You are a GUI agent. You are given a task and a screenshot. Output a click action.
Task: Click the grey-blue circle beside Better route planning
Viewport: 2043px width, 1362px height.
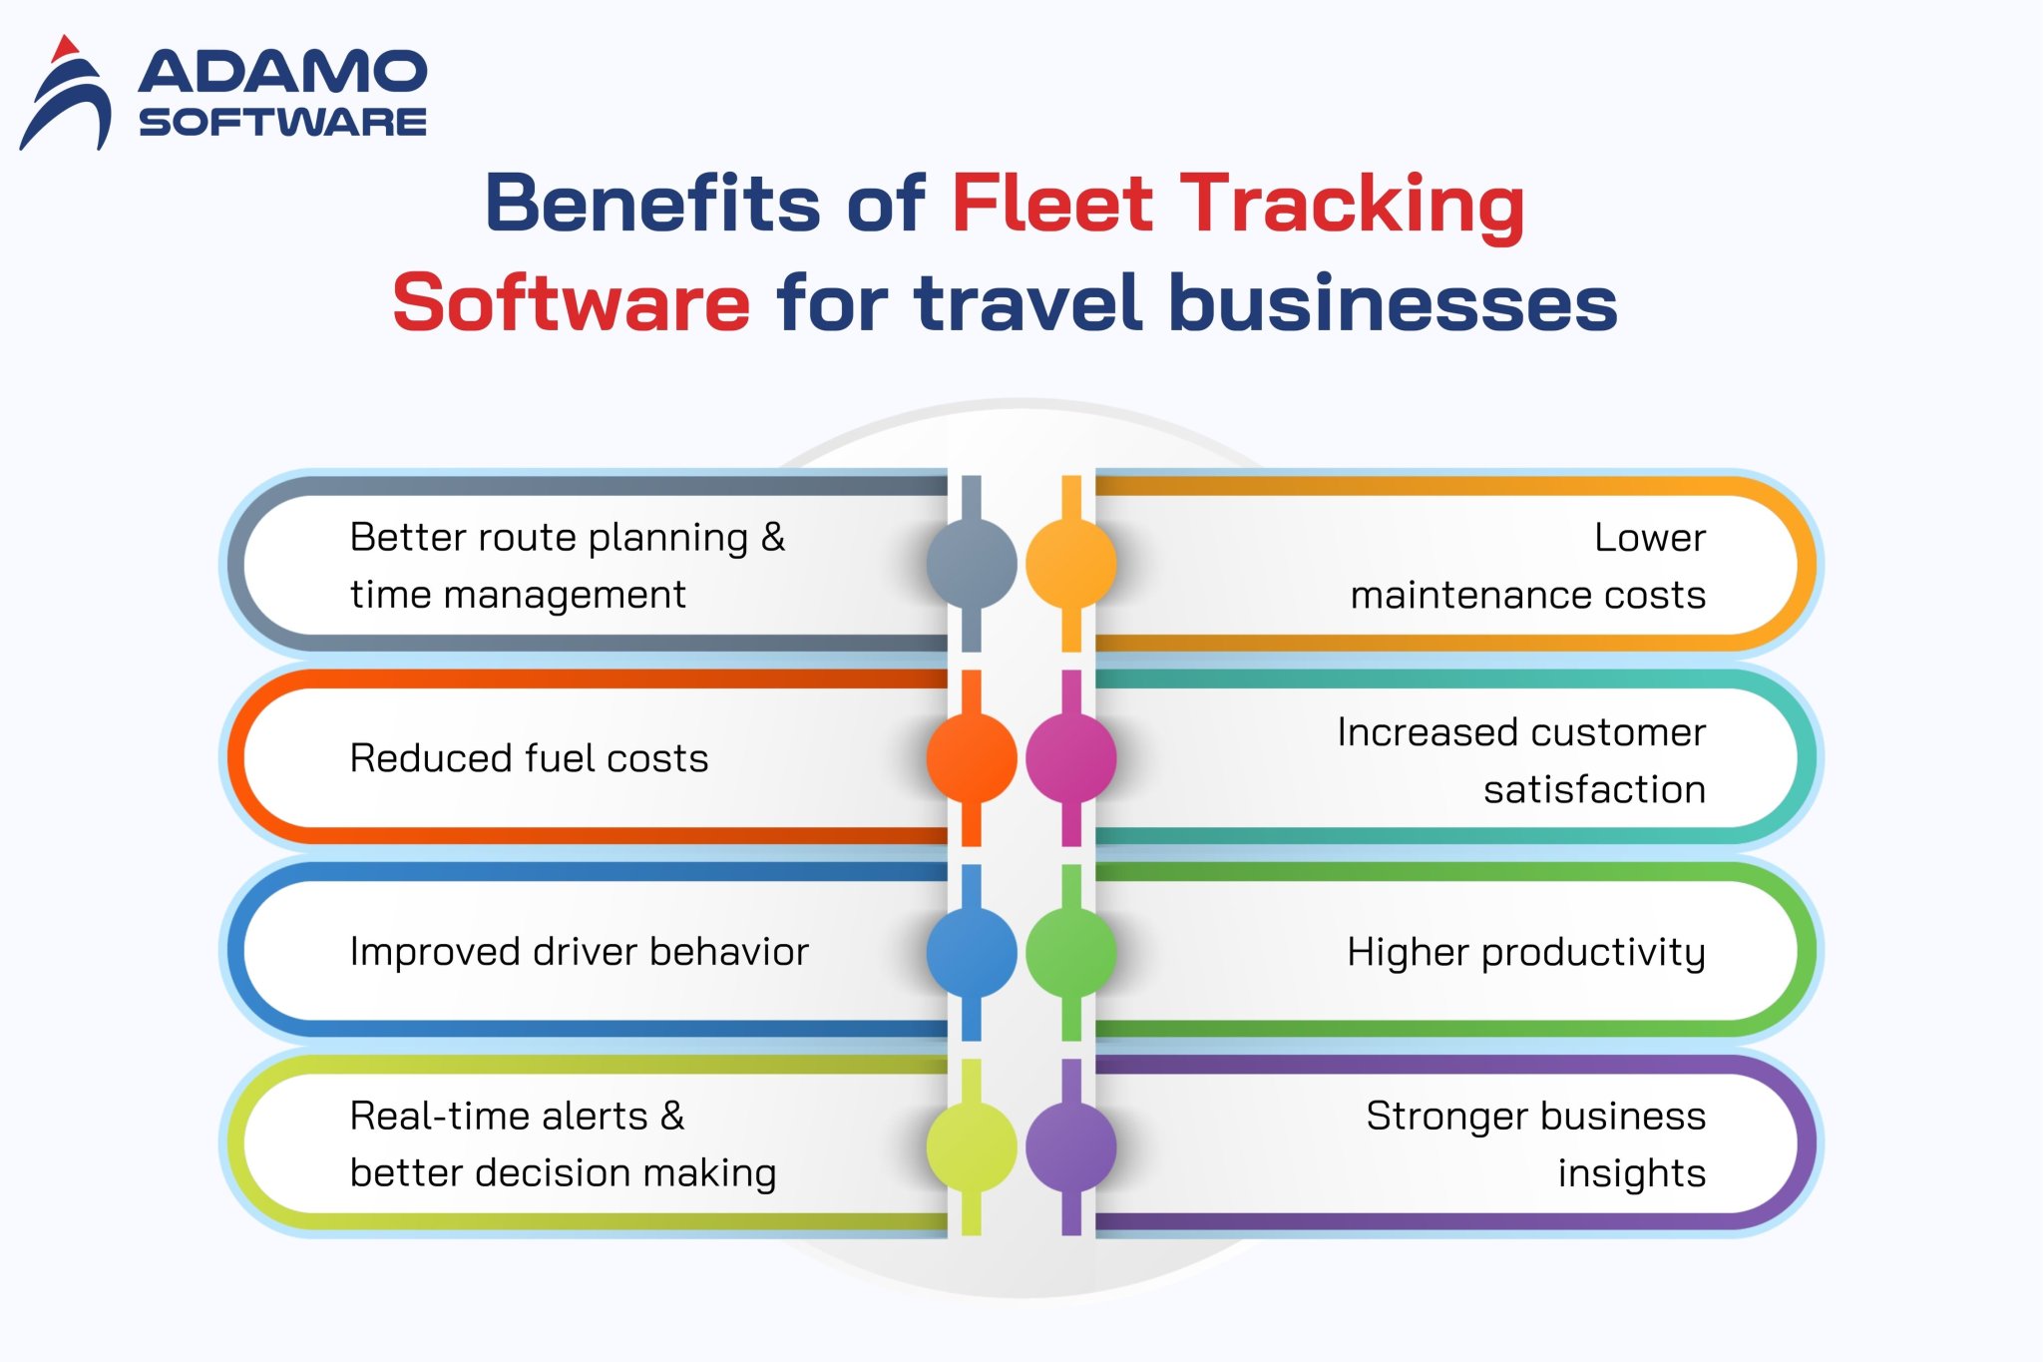click(x=971, y=564)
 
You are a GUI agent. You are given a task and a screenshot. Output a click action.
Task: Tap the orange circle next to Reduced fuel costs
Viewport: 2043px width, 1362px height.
click(x=971, y=758)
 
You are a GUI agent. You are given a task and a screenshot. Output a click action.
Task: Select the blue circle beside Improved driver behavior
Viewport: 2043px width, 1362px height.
click(x=971, y=952)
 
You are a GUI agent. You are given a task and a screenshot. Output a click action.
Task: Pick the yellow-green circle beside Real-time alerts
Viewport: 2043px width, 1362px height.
click(x=971, y=1146)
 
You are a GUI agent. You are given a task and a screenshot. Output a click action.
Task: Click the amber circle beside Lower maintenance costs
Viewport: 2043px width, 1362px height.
click(x=1071, y=564)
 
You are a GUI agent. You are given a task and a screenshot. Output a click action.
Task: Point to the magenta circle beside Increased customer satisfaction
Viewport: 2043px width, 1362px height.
click(x=1071, y=758)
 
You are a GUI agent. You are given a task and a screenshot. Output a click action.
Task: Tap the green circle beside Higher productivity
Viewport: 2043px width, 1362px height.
click(x=1071, y=952)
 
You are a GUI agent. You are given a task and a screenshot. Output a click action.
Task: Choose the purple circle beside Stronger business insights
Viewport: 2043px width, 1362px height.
click(x=1071, y=1146)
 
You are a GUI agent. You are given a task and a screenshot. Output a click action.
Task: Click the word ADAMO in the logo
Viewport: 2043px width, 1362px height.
click(x=282, y=73)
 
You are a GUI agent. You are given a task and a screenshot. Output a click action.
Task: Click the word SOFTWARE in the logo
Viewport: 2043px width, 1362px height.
click(x=282, y=122)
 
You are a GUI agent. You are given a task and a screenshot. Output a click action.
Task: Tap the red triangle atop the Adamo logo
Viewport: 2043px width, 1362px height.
click(x=65, y=48)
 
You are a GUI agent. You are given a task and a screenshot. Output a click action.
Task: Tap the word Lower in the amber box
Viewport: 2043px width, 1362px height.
click(x=1649, y=538)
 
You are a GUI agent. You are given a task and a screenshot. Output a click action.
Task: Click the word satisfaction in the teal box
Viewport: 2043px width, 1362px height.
click(x=1594, y=789)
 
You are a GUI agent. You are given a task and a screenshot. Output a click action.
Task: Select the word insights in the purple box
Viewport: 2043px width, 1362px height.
click(x=1631, y=1173)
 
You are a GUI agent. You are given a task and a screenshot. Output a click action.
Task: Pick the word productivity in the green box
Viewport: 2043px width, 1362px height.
click(x=1593, y=953)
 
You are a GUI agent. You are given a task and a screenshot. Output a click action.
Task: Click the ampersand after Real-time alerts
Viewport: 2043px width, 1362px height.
click(x=672, y=1116)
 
